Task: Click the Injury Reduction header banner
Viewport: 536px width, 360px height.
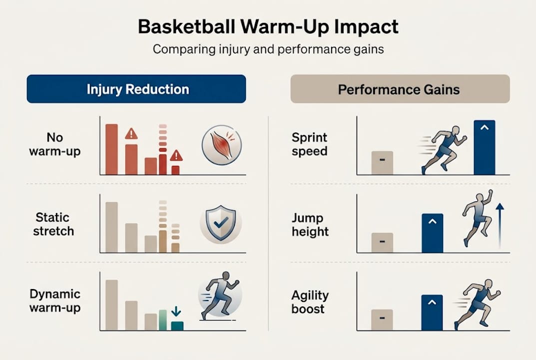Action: click(136, 89)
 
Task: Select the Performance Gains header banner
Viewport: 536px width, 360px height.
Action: click(400, 89)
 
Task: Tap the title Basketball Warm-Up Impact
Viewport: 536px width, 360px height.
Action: click(268, 26)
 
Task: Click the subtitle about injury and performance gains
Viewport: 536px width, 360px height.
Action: click(268, 50)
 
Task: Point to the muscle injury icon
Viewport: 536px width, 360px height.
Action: click(221, 145)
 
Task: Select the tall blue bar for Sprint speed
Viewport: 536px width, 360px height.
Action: click(484, 147)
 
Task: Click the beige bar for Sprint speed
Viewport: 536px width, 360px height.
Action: click(382, 162)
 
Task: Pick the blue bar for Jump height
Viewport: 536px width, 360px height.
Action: click(432, 233)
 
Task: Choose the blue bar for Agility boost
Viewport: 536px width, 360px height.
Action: click(432, 312)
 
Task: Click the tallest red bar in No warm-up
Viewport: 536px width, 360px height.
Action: click(111, 149)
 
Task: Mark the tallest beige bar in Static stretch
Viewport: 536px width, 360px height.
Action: click(111, 227)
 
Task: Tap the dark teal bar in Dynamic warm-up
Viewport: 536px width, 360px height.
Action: click(177, 325)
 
